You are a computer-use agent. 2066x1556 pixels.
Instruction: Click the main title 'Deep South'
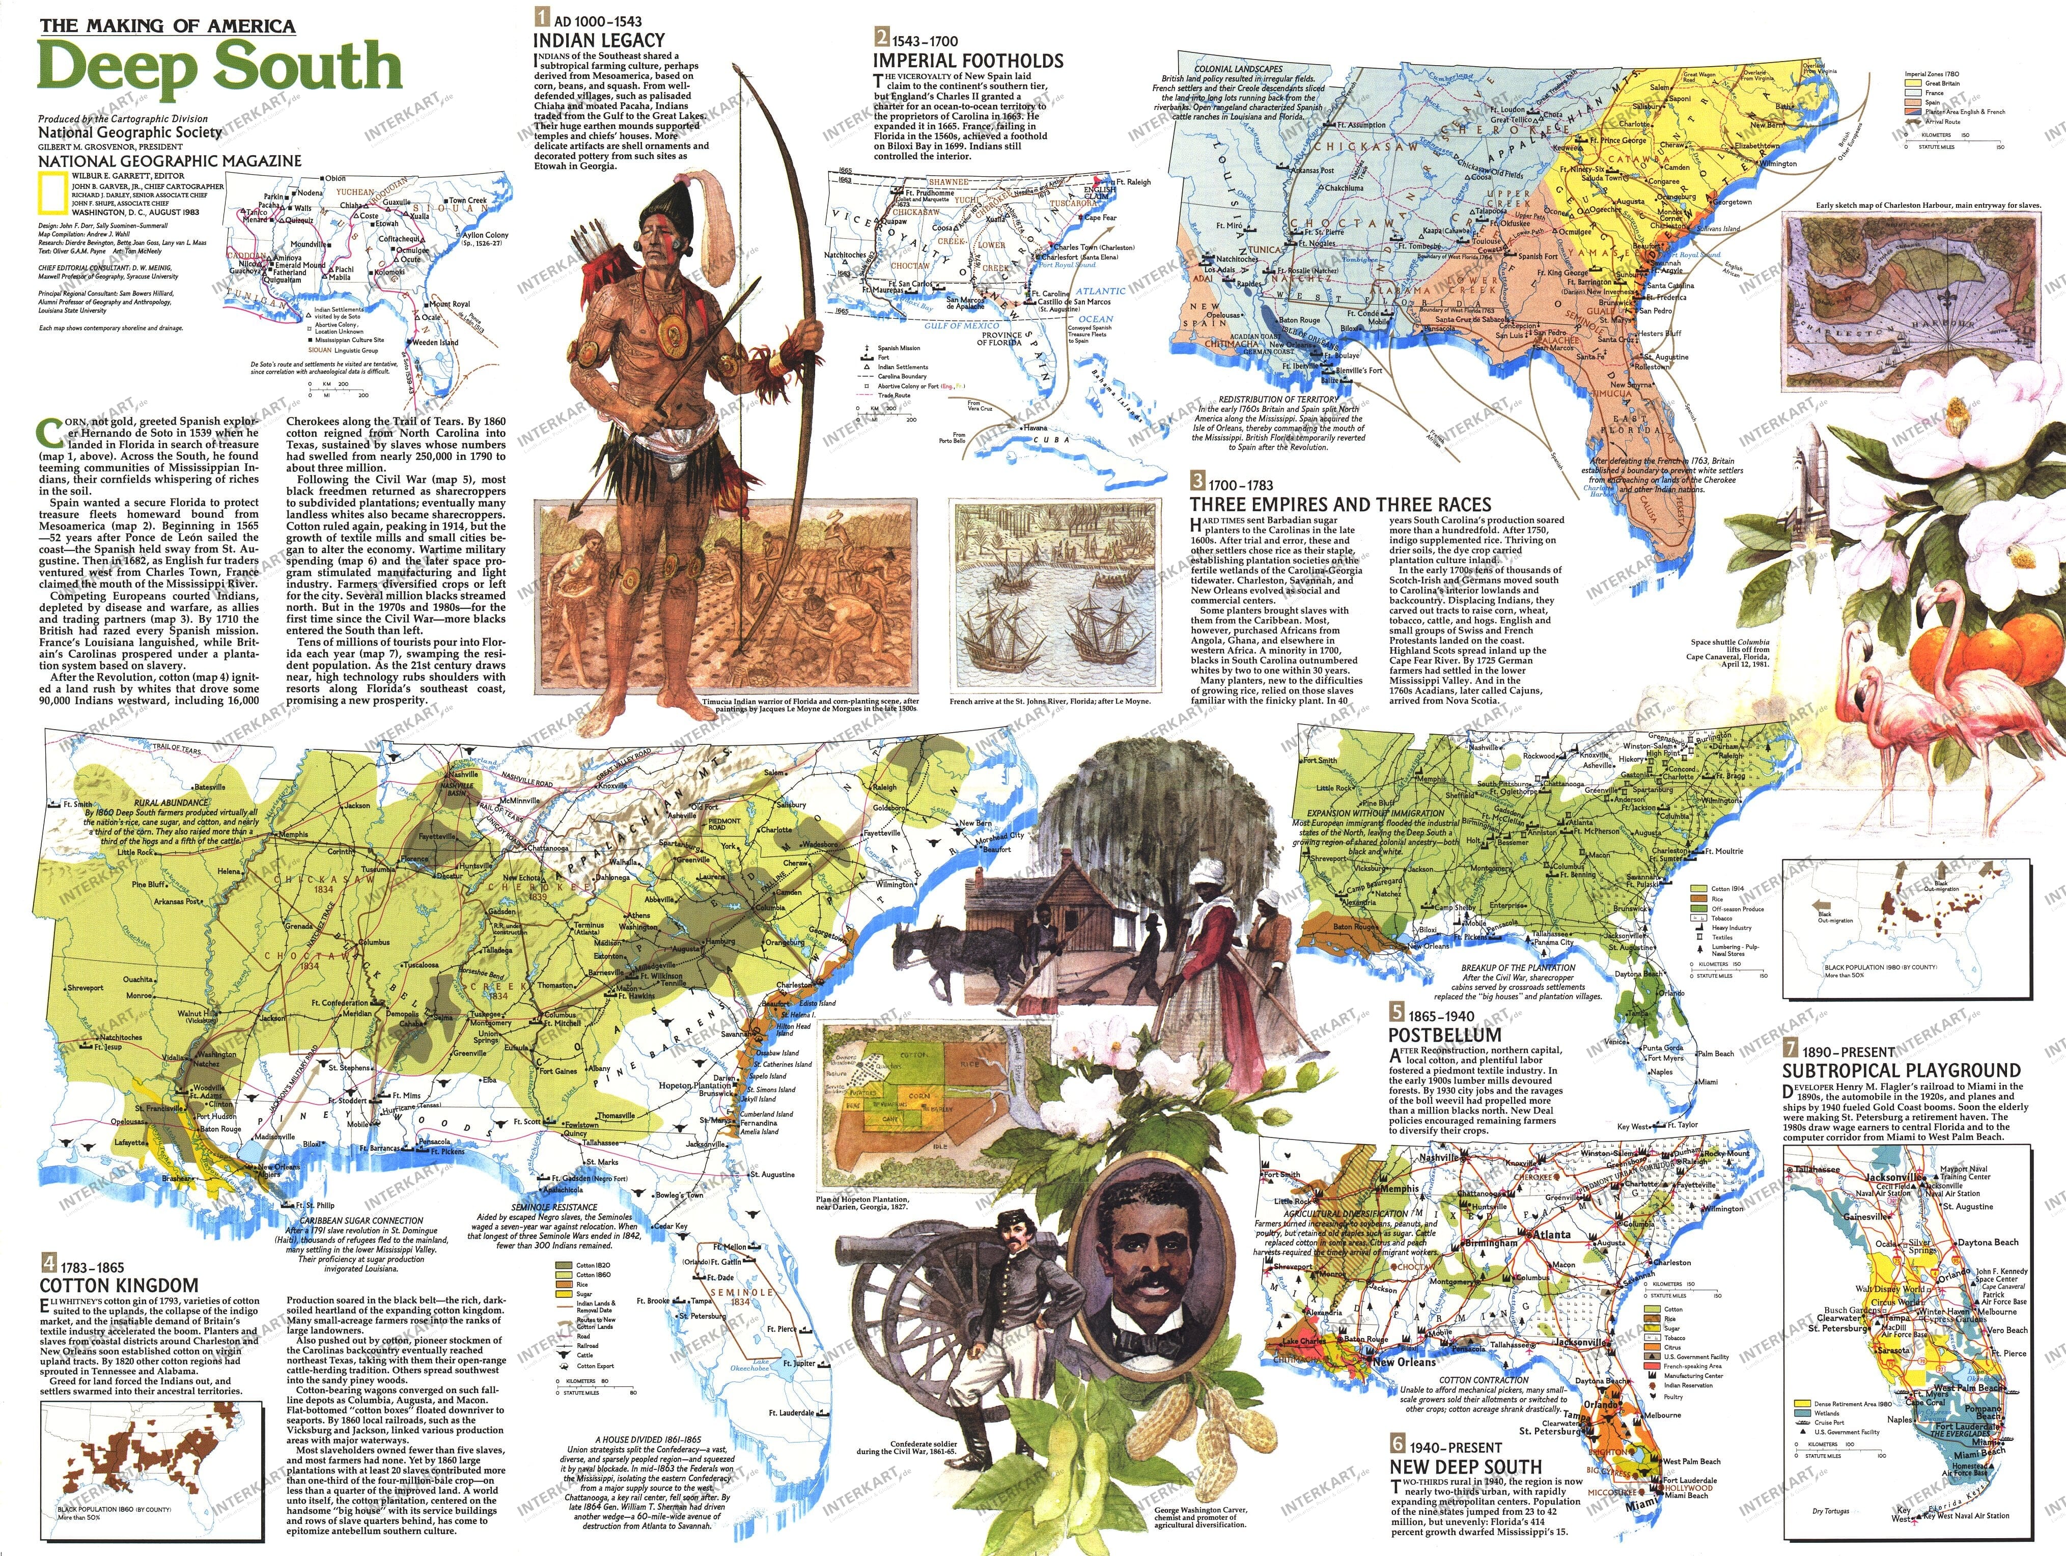pos(219,67)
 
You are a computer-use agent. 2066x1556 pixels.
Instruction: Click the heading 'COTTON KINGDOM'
pos(119,1285)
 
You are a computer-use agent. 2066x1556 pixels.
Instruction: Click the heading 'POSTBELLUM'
pos(1444,1035)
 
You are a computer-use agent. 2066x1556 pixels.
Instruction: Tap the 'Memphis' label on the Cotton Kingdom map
pos(293,834)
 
